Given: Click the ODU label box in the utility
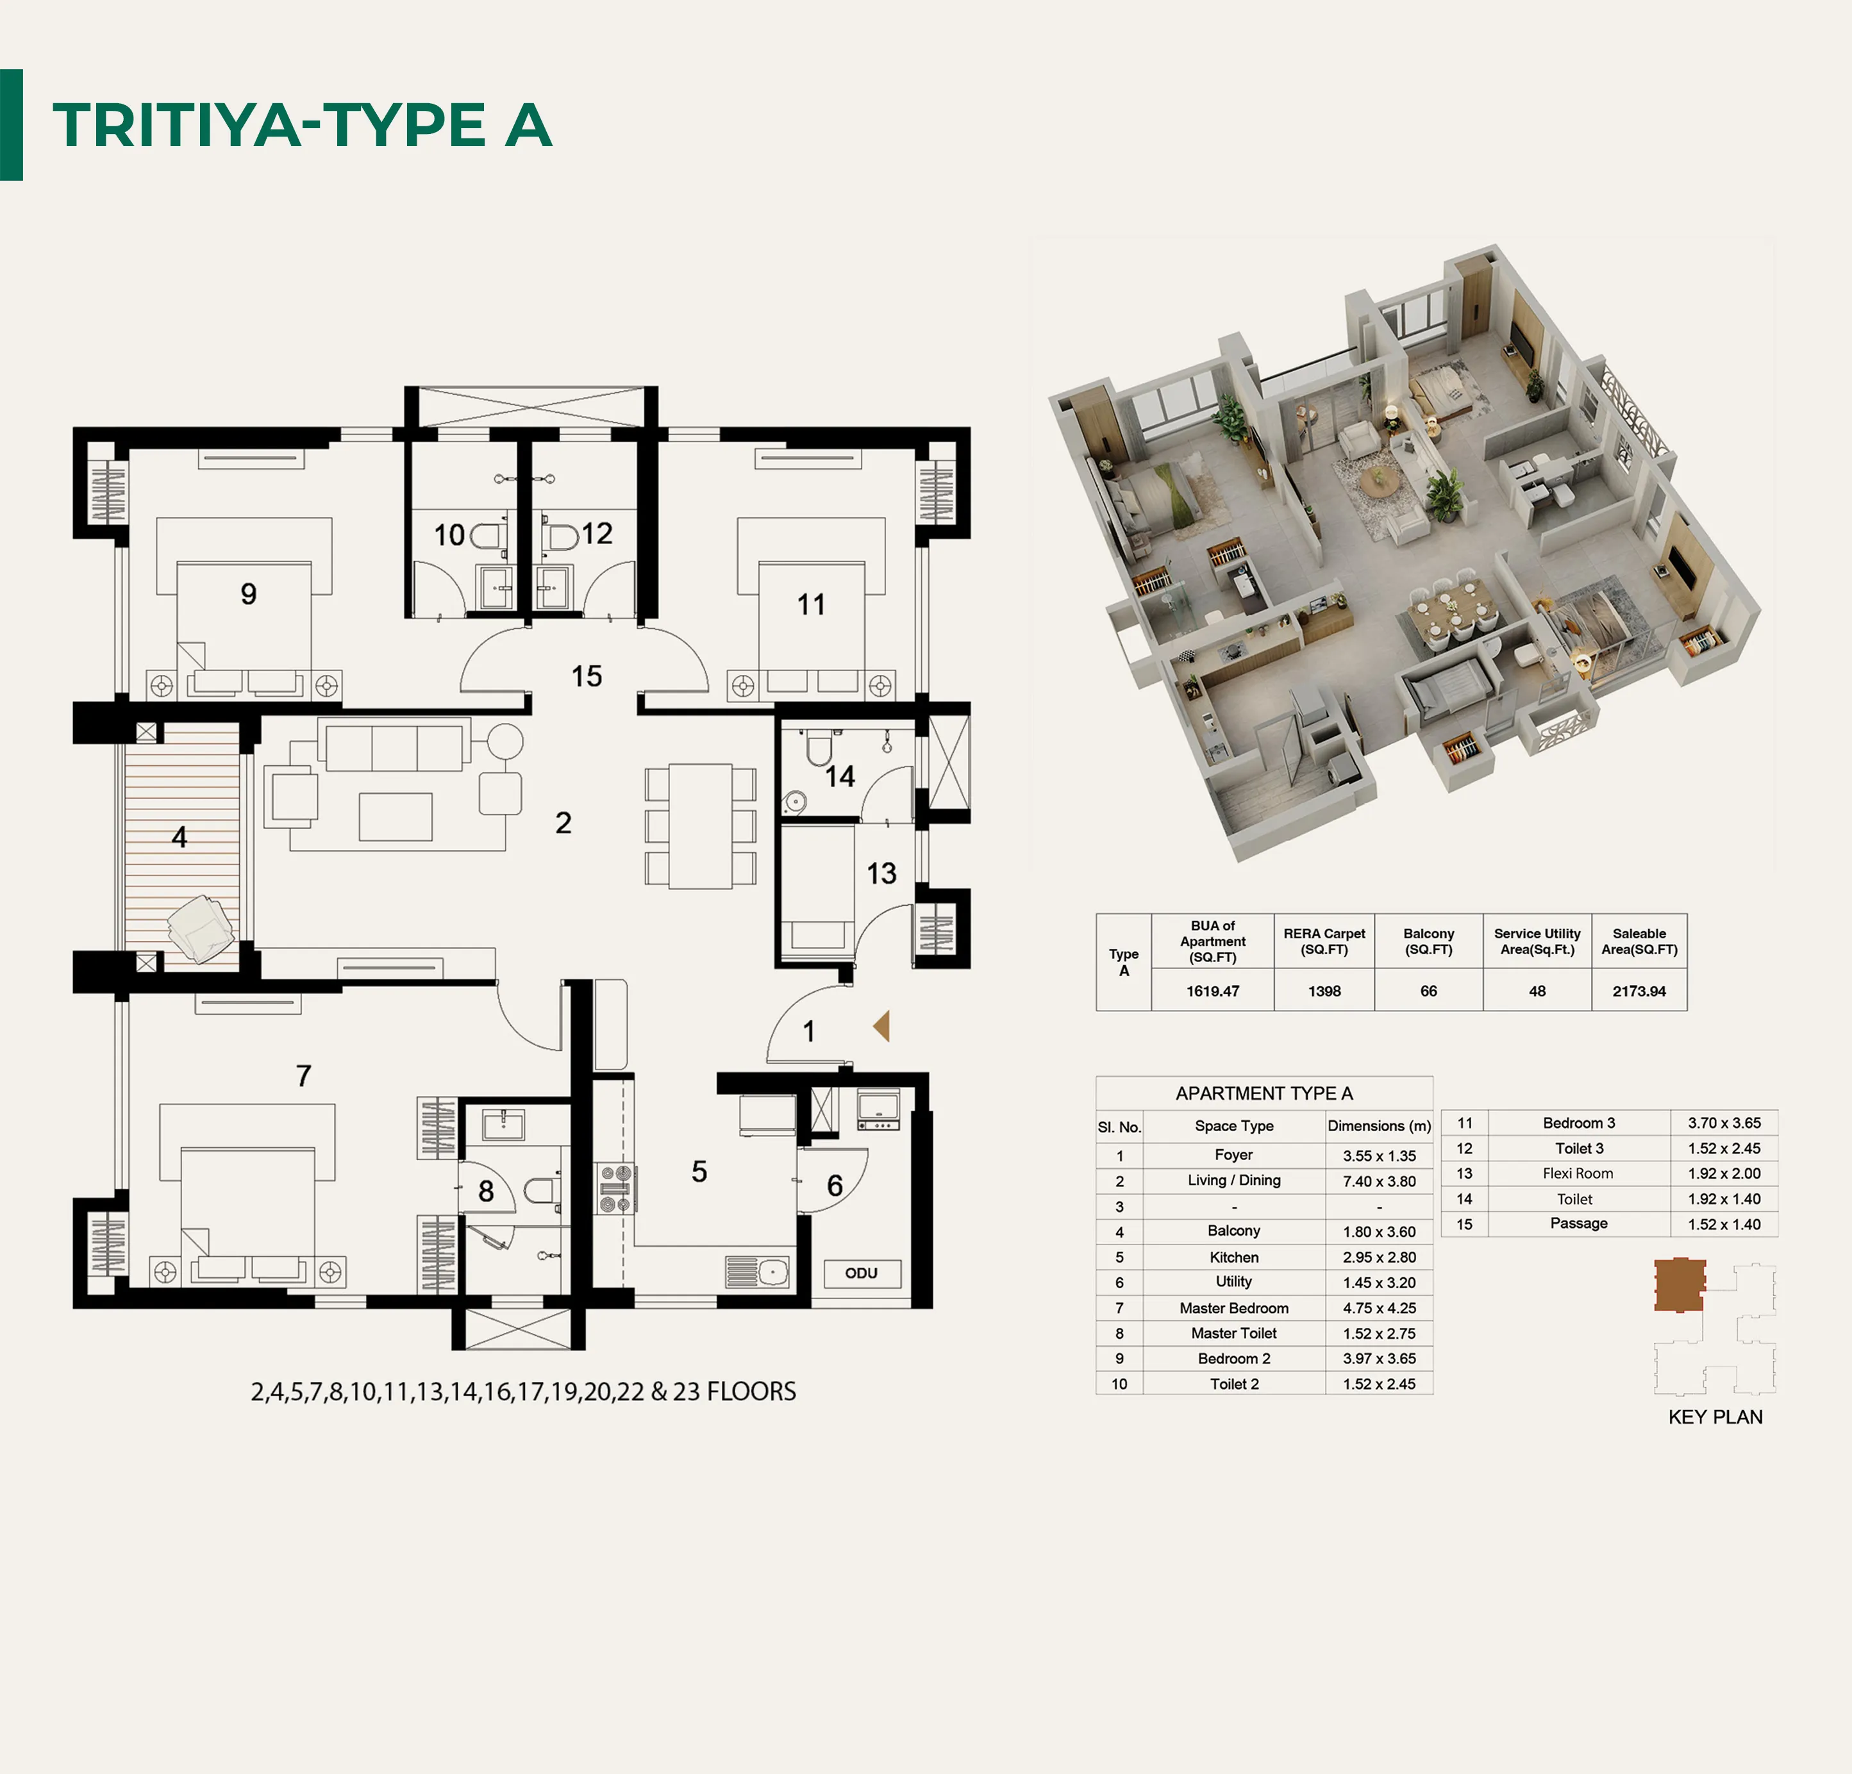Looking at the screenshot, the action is pos(862,1272).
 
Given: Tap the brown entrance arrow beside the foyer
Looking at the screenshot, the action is pos(881,1026).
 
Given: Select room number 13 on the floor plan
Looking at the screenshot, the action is pos(881,874).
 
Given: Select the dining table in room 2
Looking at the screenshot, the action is pos(700,825).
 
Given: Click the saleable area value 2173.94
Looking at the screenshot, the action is pos(1639,991).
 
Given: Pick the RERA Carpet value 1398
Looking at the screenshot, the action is pos(1325,991).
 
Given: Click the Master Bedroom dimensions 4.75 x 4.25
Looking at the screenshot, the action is pos(1380,1308).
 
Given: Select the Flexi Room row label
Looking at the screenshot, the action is pos(1578,1174).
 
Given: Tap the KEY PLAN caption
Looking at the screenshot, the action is pos(1715,1417).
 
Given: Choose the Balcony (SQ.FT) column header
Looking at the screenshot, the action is pos(1429,941).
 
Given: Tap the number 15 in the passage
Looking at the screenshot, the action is pos(587,676).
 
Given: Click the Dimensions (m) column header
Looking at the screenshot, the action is pos(1380,1126).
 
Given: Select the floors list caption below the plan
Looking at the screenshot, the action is pos(524,1391).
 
